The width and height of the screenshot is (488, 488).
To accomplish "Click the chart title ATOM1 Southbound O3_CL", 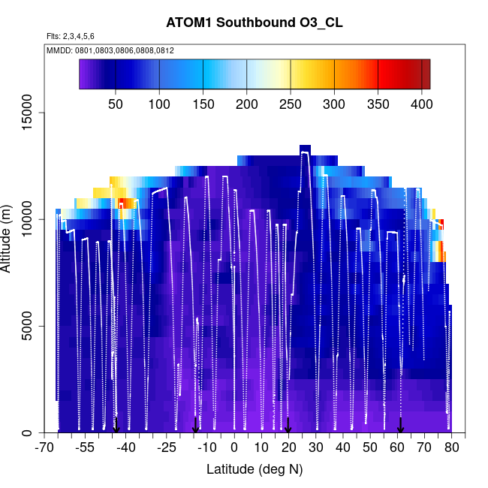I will click(255, 23).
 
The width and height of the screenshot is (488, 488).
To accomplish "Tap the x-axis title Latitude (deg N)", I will click(255, 469).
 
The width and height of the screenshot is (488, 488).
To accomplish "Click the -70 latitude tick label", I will click(45, 448).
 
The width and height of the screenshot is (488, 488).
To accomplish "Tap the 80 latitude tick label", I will click(451, 448).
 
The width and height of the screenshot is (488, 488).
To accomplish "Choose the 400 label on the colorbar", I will click(421, 104).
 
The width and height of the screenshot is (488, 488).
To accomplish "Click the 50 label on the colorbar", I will click(116, 104).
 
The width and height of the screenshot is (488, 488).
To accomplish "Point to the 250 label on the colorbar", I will click(291, 104).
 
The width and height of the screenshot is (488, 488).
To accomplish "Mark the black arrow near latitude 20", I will click(288, 426).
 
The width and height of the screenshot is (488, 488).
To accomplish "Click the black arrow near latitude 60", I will click(400, 425).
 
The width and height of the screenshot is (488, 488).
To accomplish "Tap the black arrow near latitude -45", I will click(116, 425).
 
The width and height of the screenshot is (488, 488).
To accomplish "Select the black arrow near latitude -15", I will click(195, 425).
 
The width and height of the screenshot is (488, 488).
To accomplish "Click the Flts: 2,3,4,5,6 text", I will click(71, 36).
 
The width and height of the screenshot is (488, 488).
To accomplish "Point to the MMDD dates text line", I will click(110, 50).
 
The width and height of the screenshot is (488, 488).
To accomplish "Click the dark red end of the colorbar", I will click(425, 74).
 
